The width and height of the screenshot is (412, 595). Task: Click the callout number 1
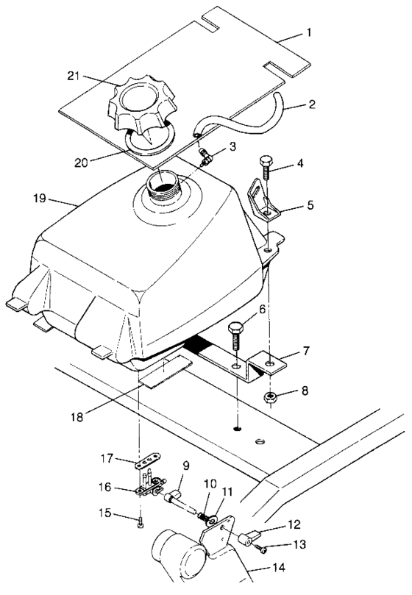coord(310,34)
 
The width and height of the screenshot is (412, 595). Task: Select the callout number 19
coord(40,199)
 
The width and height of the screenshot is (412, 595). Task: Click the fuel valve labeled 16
coord(150,485)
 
